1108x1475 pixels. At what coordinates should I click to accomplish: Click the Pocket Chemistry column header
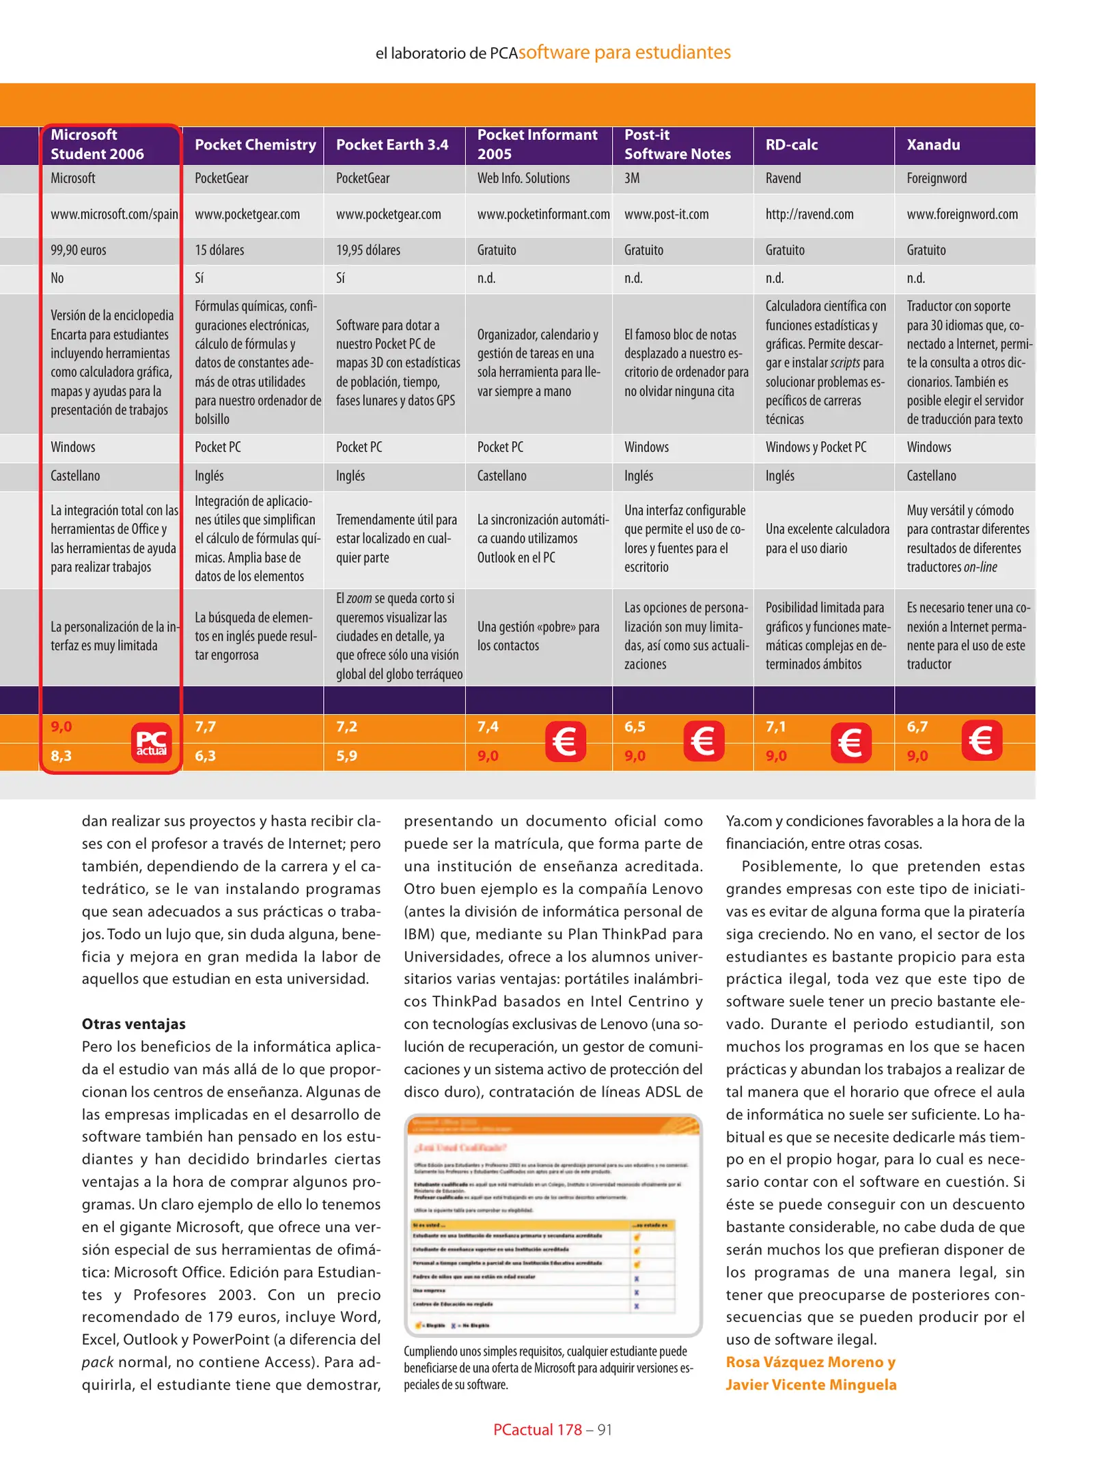pyautogui.click(x=255, y=145)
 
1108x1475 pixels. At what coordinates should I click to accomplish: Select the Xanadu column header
pyautogui.click(x=932, y=145)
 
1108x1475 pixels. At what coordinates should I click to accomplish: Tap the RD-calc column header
pyautogui.click(x=791, y=145)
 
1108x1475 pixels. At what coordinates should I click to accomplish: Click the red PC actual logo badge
pyautogui.click(x=152, y=742)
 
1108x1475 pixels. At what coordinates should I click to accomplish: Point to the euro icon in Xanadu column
pyautogui.click(x=981, y=741)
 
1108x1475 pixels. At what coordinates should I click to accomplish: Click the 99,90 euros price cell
pyautogui.click(x=79, y=250)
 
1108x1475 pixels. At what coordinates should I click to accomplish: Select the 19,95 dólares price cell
pyautogui.click(x=368, y=250)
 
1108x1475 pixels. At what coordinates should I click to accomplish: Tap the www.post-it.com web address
pyautogui.click(x=666, y=214)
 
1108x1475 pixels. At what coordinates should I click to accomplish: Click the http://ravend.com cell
pyautogui.click(x=809, y=214)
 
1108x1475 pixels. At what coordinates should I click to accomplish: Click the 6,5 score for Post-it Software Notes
pyautogui.click(x=635, y=727)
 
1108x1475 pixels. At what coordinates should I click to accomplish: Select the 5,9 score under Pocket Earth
pyautogui.click(x=346, y=756)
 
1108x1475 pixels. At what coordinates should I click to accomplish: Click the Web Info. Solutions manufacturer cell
pyautogui.click(x=523, y=178)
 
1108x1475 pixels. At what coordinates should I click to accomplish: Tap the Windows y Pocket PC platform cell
pyautogui.click(x=816, y=447)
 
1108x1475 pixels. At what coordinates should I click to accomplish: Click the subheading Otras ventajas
pyautogui.click(x=133, y=1024)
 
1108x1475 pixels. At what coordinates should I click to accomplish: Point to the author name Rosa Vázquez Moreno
pyautogui.click(x=810, y=1362)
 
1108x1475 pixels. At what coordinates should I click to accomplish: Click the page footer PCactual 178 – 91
pyautogui.click(x=553, y=1429)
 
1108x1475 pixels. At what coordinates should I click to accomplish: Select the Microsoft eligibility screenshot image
pyautogui.click(x=553, y=1225)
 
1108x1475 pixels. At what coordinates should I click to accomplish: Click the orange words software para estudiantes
pyautogui.click(x=624, y=53)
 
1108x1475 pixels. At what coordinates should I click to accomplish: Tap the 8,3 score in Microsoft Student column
pyautogui.click(x=61, y=756)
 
